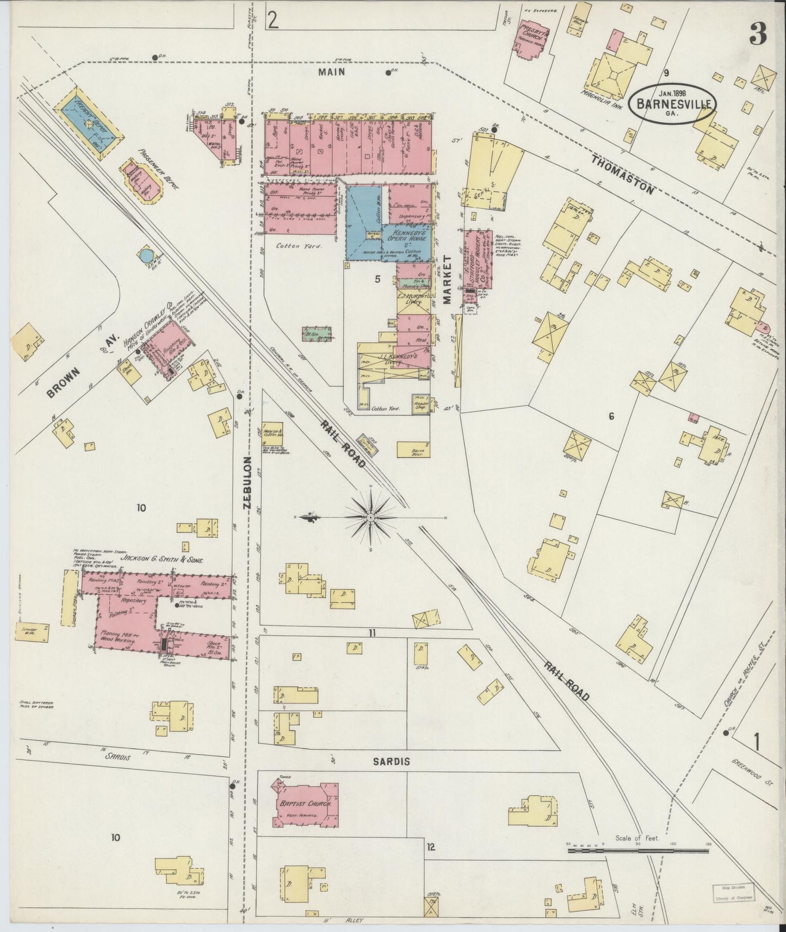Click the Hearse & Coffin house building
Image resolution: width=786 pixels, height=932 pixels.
pos(273,431)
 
